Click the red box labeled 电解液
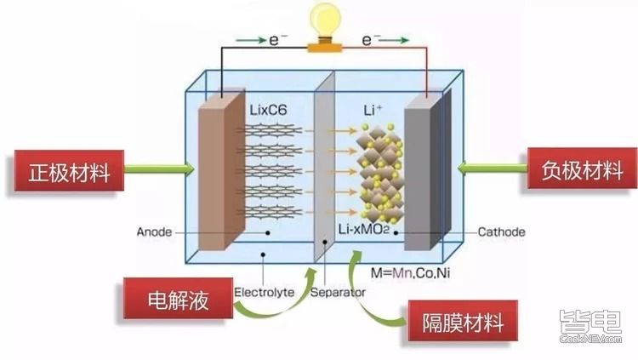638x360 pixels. click(x=178, y=297)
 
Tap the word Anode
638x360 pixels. click(x=157, y=231)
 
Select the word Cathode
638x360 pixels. click(x=501, y=231)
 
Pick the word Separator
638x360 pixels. click(x=338, y=293)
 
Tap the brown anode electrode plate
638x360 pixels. click(x=212, y=179)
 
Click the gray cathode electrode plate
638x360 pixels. click(x=420, y=179)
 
